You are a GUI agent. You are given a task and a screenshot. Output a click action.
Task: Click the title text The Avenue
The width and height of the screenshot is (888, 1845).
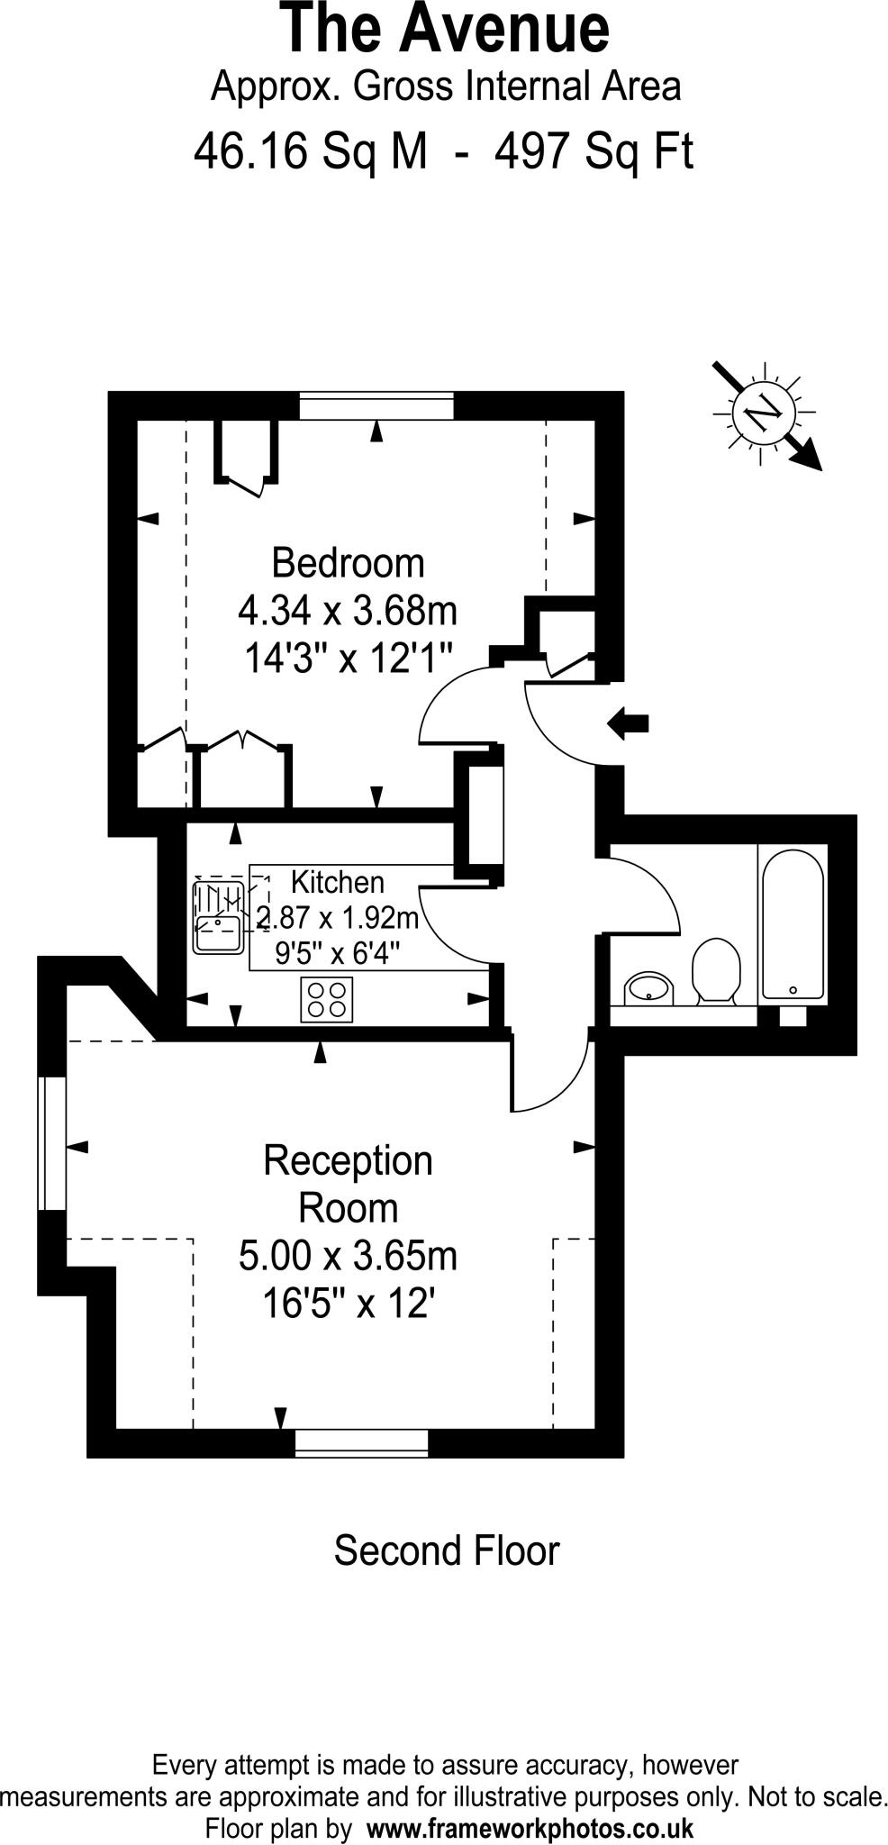445,29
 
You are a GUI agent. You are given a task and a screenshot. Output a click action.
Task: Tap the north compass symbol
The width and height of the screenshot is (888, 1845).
765,414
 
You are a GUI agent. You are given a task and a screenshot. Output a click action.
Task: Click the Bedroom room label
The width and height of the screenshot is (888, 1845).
348,563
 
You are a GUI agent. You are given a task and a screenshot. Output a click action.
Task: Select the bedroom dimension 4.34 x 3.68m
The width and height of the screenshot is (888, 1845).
348,611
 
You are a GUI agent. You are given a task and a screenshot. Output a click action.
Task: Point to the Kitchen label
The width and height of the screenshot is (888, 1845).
337,882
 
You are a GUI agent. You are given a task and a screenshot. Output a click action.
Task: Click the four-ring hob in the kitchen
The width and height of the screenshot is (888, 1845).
326,999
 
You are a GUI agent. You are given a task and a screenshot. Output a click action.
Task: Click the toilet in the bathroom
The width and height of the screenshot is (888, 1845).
716,971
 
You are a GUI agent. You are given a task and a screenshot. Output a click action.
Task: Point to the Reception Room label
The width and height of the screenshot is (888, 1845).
348,1184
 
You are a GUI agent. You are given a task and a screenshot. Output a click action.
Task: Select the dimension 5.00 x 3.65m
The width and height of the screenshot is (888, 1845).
348,1255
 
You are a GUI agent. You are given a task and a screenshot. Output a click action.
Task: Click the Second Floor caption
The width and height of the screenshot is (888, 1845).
446,1551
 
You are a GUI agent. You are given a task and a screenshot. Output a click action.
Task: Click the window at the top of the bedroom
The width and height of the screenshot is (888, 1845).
376,405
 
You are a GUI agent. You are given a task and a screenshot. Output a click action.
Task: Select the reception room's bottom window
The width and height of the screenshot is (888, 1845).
362,1442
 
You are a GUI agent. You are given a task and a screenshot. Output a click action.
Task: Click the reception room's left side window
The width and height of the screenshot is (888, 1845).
52,1143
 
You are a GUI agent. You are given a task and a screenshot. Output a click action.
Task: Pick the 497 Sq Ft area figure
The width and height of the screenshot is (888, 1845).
594,151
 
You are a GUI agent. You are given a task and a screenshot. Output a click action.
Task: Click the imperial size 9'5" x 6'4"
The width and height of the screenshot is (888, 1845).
337,952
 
